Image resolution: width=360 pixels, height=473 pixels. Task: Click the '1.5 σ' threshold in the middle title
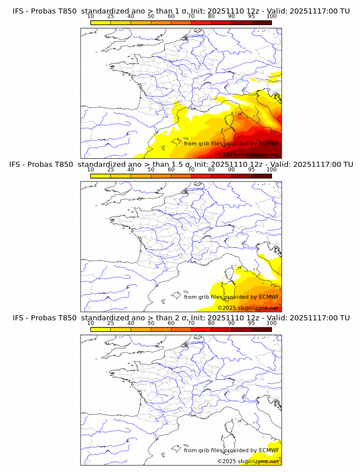pyautogui.click(x=181, y=165)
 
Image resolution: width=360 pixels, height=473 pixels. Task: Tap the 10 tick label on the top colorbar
pyautogui.click(x=90, y=17)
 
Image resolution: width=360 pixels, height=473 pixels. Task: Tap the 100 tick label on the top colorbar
pyautogui.click(x=271, y=17)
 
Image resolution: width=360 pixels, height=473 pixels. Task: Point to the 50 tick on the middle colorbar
pyautogui.click(x=151, y=170)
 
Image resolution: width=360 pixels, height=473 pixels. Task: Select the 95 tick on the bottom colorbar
pyautogui.click(x=251, y=323)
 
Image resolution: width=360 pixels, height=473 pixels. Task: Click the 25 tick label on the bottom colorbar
pyautogui.click(x=110, y=323)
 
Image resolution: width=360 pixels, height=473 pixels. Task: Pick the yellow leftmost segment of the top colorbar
pyautogui.click(x=101, y=22)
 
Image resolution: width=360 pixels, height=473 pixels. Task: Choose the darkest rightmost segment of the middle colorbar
pyautogui.click(x=262, y=175)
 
